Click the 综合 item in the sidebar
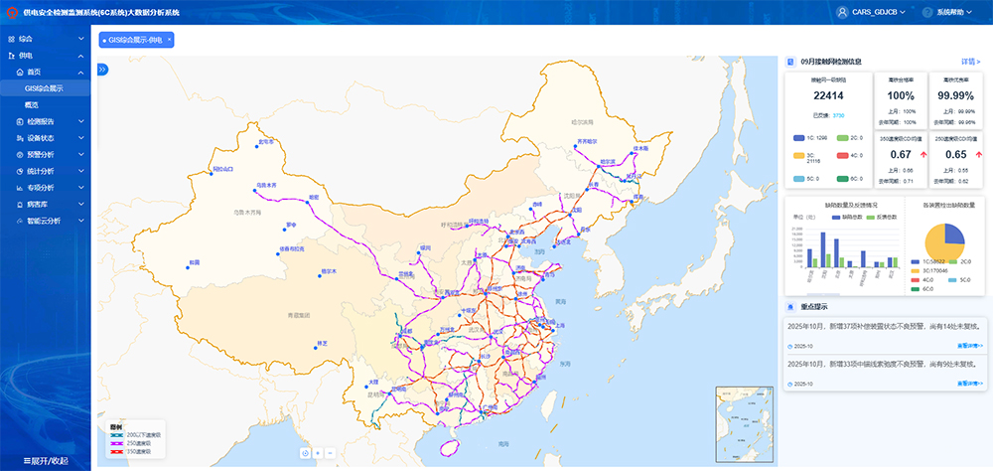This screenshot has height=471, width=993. click(x=26, y=39)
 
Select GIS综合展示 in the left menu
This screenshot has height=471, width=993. click(x=45, y=88)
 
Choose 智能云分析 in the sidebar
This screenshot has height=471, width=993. click(x=44, y=221)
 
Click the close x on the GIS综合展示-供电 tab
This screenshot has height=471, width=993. click(x=170, y=40)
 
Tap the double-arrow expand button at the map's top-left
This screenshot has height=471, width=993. click(x=102, y=69)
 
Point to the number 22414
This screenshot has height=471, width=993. click(x=828, y=96)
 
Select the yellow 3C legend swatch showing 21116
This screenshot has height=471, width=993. click(x=797, y=156)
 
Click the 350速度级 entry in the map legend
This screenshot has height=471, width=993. click(x=135, y=452)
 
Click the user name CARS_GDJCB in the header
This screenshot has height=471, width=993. click(x=875, y=12)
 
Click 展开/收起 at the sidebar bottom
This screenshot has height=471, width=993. click(x=46, y=461)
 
